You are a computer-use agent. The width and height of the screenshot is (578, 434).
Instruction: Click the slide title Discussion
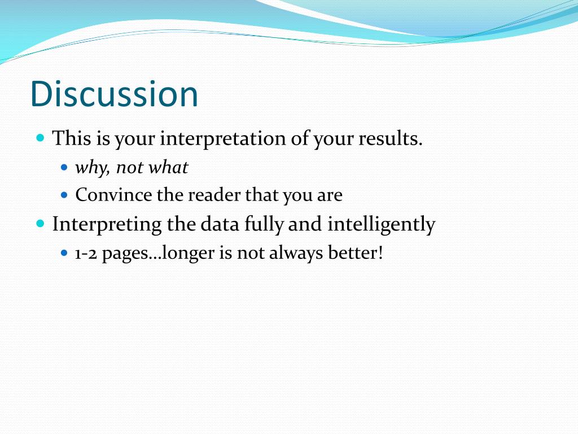114,94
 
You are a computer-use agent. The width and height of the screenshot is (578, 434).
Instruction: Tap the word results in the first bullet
391,138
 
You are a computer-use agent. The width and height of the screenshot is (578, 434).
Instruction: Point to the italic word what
168,167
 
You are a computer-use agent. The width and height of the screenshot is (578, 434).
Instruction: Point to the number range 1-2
86,254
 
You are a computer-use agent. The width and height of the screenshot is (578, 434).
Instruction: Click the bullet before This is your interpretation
41,138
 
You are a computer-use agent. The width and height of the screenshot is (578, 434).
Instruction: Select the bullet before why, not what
64,167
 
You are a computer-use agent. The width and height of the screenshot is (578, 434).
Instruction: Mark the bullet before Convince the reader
64,194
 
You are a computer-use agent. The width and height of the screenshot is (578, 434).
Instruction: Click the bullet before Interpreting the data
41,224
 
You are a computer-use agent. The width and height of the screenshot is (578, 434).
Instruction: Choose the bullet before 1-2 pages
64,253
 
